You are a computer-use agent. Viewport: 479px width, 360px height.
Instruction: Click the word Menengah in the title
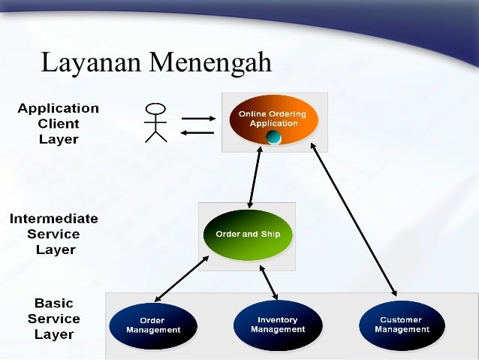coord(210,64)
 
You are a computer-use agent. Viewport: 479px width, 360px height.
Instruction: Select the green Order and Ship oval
coord(248,234)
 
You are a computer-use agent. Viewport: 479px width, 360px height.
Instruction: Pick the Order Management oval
coord(153,325)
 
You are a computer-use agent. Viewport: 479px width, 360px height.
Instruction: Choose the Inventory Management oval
coord(278,325)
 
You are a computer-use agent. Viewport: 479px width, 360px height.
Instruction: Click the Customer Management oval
coord(402,325)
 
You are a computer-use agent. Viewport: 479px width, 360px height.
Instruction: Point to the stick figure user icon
coord(155,122)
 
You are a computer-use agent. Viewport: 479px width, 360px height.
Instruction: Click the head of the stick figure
coord(155,107)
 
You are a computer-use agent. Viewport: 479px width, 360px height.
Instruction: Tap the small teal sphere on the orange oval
coord(274,137)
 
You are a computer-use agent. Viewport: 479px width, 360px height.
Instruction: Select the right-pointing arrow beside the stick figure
coord(197,117)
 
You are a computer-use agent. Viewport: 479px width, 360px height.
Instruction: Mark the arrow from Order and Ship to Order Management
coord(182,278)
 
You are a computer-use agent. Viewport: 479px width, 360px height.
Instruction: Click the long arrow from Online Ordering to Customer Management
coord(353,218)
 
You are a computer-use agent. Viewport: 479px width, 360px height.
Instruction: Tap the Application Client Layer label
coord(59,124)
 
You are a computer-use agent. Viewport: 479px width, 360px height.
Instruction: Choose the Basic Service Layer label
coord(54,319)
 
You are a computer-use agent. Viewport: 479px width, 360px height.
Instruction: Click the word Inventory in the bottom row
coord(278,320)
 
